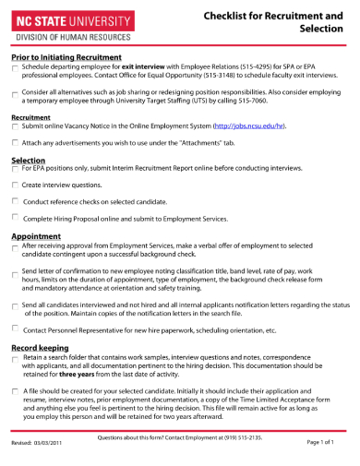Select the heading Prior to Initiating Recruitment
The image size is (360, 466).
coord(67,57)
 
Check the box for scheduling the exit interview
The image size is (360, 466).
coord(15,69)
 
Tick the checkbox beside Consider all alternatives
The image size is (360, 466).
coord(15,95)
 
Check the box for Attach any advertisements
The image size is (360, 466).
coord(15,143)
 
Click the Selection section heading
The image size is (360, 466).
coord(28,160)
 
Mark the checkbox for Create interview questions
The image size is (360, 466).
coord(15,185)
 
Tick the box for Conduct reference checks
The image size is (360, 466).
coord(15,201)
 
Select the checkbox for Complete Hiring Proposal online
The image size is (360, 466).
coord(15,218)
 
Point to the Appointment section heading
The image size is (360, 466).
coord(36,236)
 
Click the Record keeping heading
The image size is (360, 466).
coord(42,346)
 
